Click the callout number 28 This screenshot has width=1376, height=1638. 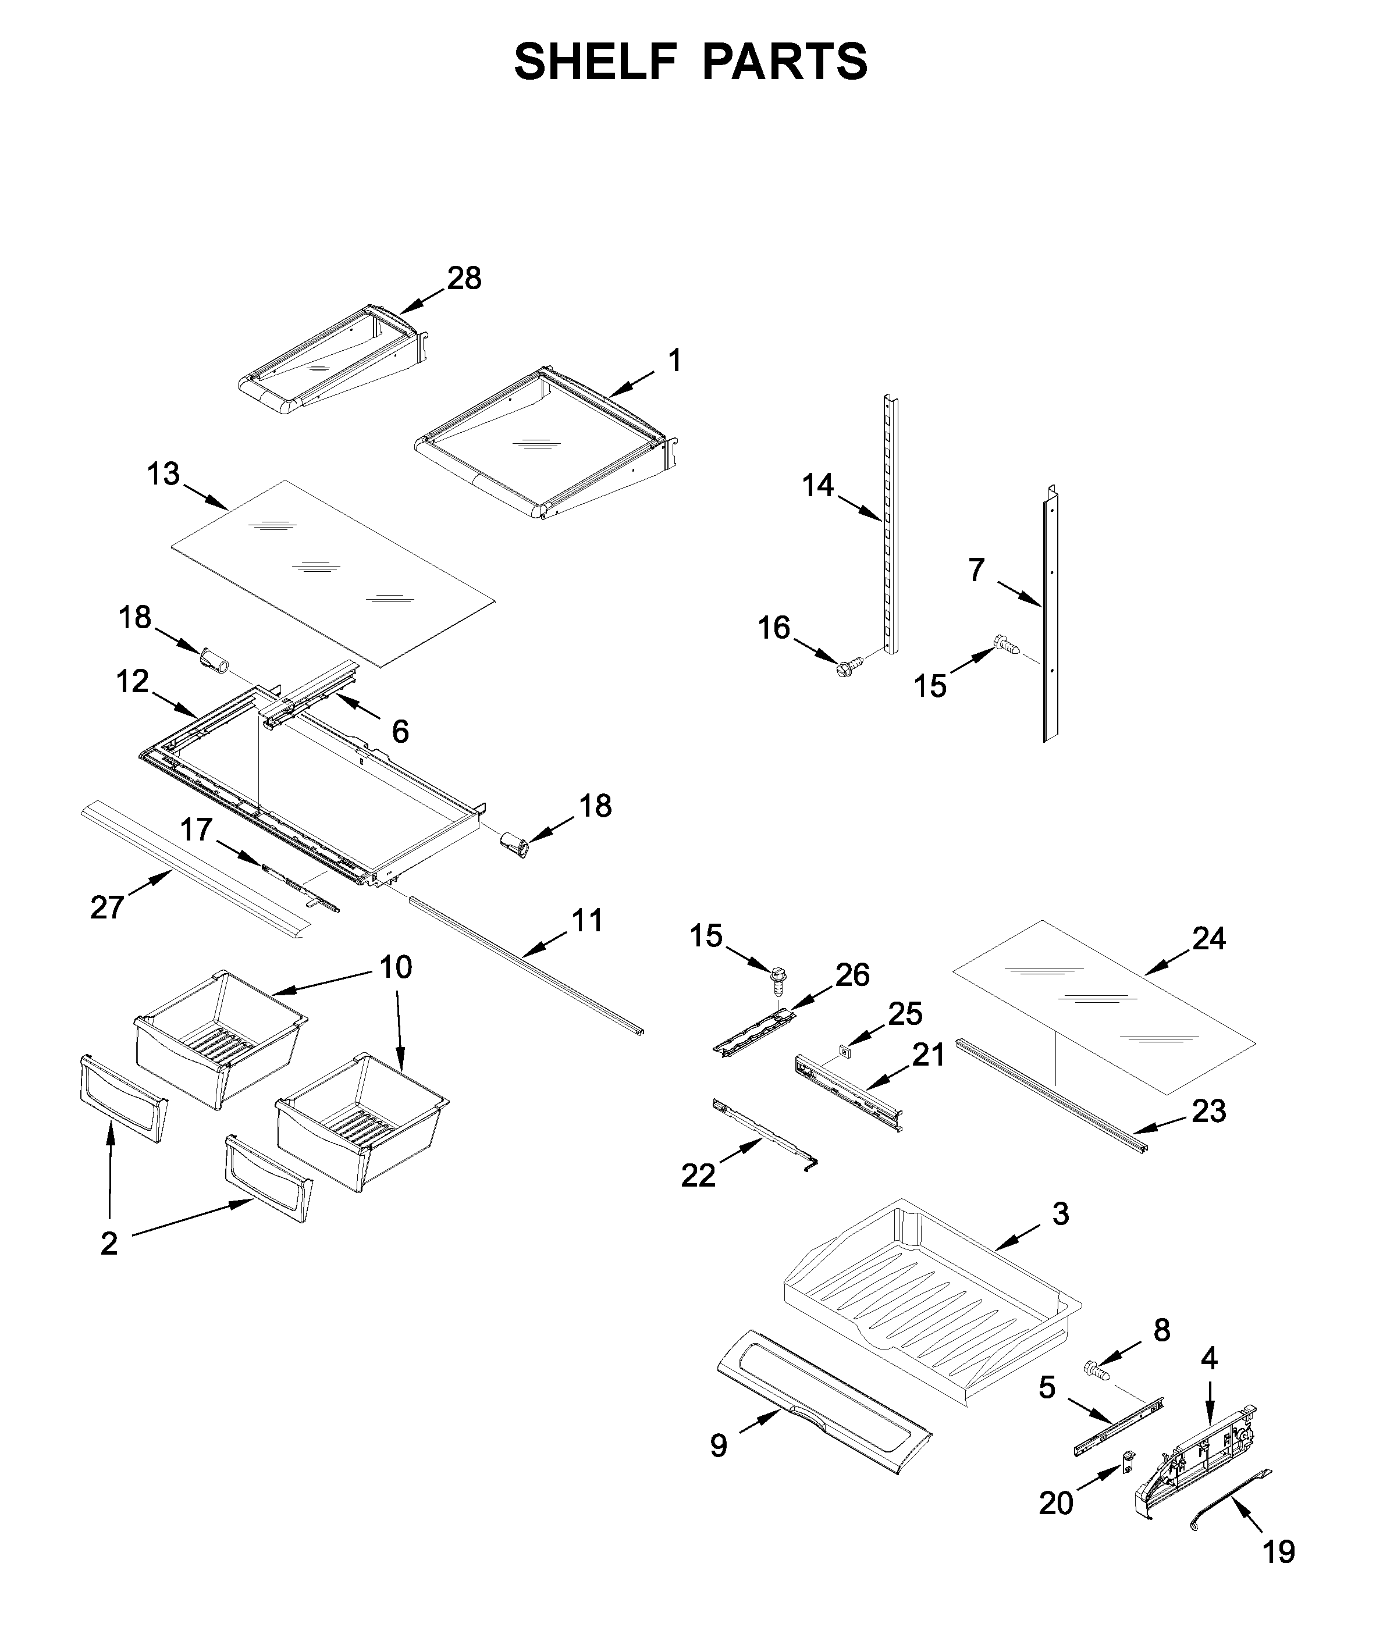point(464,279)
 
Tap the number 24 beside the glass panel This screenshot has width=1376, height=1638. point(1208,938)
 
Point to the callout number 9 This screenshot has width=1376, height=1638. point(719,1445)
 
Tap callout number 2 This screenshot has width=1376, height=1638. point(109,1243)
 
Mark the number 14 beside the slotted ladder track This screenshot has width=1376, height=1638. point(817,485)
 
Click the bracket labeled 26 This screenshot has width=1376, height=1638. point(753,1032)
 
